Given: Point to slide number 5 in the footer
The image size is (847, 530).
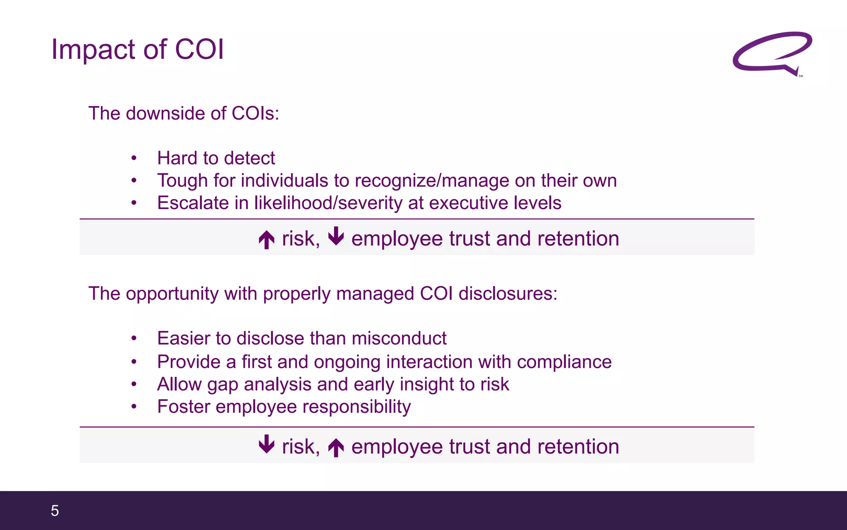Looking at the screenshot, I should [55, 511].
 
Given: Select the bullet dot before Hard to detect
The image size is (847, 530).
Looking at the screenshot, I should [134, 159].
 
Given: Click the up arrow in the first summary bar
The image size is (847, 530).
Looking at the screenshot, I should [267, 239].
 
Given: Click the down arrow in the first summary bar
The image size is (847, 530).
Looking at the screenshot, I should [336, 236].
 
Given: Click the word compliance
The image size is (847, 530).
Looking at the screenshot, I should [564, 362].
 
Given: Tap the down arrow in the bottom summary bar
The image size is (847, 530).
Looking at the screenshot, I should [267, 444].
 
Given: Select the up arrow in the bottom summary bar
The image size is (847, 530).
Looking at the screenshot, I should [336, 448].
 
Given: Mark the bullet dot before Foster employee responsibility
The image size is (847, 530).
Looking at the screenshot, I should [134, 407].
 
